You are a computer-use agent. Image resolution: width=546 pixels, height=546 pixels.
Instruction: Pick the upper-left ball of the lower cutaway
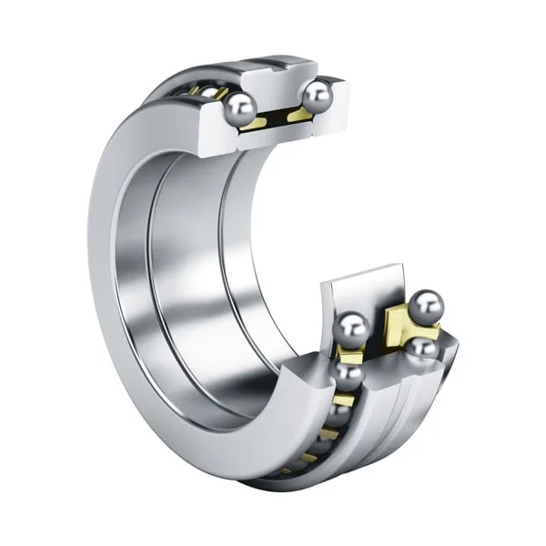pos(351,326)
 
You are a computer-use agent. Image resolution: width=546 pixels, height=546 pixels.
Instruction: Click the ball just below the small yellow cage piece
pos(348,373)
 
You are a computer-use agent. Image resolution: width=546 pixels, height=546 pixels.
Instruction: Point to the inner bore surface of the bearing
pos(182,273)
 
